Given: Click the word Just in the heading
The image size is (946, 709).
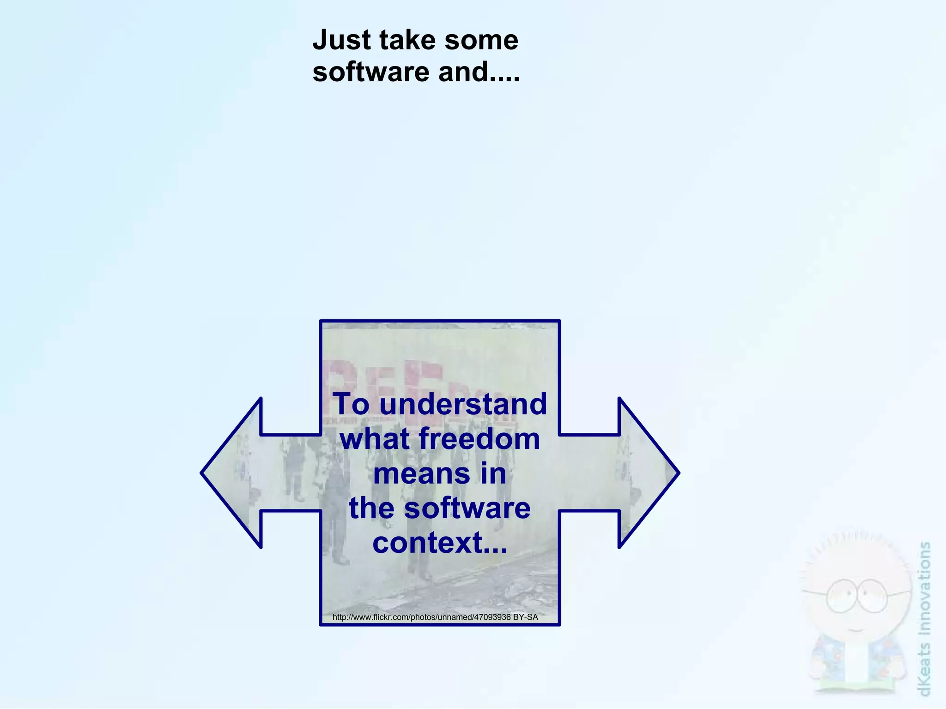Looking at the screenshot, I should tap(341, 40).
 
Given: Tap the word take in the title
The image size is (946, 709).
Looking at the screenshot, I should tap(405, 40).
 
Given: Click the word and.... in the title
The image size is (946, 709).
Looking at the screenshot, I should tap(479, 72).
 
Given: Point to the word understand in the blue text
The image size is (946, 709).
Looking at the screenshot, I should tap(463, 404).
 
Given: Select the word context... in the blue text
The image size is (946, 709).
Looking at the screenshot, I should tap(440, 543).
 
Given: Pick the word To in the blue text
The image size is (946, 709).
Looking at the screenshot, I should tap(352, 404).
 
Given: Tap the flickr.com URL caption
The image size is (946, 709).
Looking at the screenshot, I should tap(421, 617).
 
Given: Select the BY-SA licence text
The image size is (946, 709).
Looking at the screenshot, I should tap(526, 617).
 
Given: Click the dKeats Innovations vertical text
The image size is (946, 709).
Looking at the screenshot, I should tap(925, 619).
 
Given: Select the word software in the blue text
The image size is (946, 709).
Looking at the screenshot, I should tap(467, 508).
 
